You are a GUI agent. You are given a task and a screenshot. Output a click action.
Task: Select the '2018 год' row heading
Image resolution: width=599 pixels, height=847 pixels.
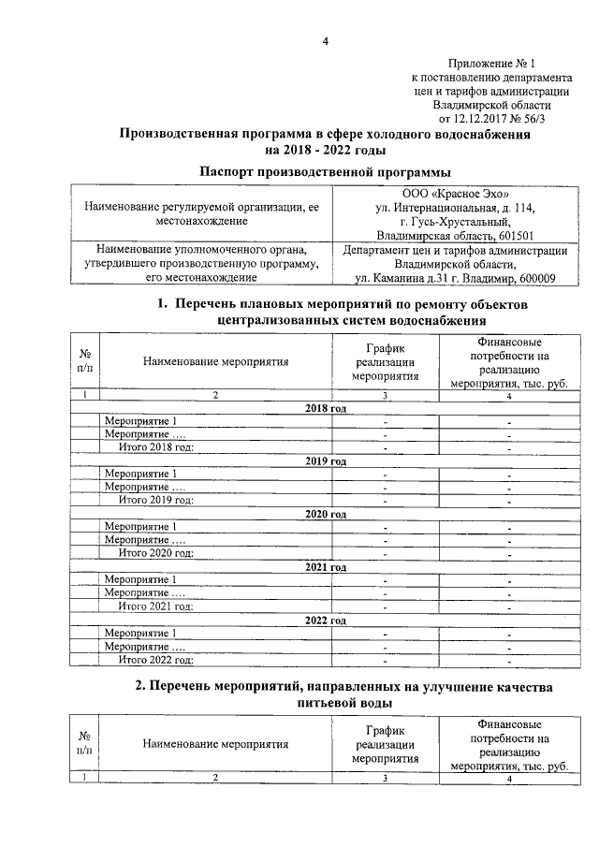(x=326, y=409)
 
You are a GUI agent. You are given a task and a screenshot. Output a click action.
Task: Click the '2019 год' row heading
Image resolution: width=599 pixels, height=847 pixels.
(x=326, y=461)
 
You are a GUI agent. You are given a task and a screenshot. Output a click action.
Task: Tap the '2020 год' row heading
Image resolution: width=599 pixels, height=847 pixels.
(x=326, y=514)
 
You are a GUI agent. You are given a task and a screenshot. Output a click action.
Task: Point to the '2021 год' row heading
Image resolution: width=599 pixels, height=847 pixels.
(x=326, y=567)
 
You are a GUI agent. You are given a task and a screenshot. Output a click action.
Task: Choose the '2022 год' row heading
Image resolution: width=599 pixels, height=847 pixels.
(x=326, y=621)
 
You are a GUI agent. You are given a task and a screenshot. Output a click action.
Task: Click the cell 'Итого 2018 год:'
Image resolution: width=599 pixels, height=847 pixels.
(x=155, y=448)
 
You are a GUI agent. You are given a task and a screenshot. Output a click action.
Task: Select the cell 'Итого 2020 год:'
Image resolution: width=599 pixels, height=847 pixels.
(x=155, y=553)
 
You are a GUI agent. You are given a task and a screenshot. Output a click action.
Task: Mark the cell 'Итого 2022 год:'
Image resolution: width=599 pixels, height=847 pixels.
(x=155, y=659)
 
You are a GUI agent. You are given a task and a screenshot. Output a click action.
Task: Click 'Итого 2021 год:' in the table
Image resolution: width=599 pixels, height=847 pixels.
(x=155, y=606)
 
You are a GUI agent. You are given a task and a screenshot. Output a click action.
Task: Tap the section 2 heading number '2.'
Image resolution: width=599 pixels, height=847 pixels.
(x=140, y=686)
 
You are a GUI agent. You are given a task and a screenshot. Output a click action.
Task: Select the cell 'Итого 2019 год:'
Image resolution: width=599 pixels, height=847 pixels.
(x=155, y=501)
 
